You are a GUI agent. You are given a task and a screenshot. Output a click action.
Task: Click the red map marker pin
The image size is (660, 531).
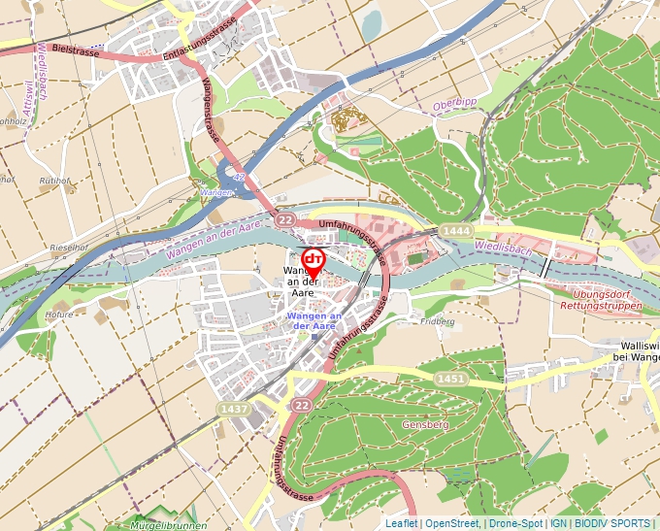(x=313, y=263)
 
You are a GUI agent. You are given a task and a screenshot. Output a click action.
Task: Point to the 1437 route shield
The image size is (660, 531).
(x=234, y=410)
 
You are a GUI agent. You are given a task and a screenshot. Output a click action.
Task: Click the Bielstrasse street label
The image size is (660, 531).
(x=76, y=49)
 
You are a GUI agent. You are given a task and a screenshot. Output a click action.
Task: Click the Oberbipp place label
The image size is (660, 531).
(x=455, y=104)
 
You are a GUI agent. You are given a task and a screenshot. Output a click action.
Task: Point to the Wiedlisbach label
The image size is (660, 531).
(x=504, y=249)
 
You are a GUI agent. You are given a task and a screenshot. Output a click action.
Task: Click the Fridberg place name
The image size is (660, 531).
(x=439, y=321)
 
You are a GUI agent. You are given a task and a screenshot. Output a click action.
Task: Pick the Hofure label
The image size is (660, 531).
(x=59, y=315)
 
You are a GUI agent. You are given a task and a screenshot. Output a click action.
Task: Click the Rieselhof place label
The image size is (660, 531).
(x=70, y=248)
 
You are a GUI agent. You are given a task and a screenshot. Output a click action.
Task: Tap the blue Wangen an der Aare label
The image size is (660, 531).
(x=313, y=321)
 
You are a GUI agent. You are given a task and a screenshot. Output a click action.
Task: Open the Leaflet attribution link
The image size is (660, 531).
(x=401, y=523)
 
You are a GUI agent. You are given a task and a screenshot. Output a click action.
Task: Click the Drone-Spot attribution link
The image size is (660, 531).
(x=515, y=523)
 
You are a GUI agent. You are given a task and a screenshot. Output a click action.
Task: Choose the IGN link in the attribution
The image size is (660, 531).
(x=559, y=523)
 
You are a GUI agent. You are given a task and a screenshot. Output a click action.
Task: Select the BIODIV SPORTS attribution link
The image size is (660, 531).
(x=613, y=523)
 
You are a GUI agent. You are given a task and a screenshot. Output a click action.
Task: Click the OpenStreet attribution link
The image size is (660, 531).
(x=452, y=523)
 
